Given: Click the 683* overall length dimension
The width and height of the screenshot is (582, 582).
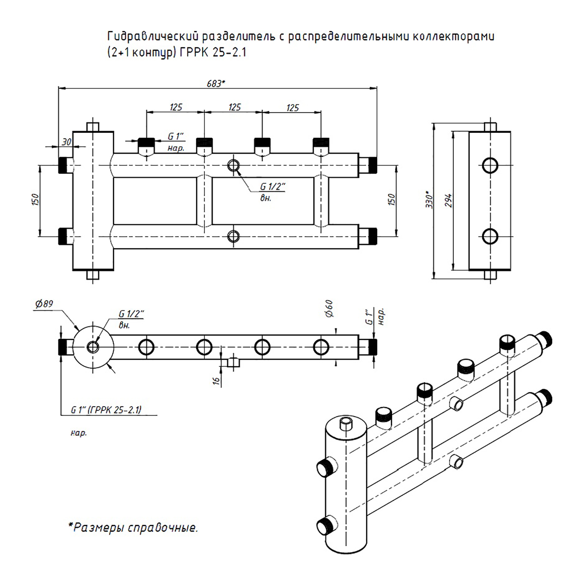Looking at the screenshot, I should click(216, 83).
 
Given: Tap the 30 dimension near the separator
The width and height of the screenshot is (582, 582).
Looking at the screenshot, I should click(66, 142).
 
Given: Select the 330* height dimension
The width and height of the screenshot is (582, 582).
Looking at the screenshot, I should click(430, 199).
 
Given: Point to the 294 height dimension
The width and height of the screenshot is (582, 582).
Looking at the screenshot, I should click(449, 200).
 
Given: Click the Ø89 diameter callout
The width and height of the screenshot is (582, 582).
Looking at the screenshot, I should click(44, 304).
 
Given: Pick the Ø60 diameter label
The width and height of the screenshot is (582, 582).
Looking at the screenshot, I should click(329, 309).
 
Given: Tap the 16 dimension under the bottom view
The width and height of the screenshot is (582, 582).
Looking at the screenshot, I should click(217, 380).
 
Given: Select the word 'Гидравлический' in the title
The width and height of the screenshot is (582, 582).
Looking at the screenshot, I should click(153, 37).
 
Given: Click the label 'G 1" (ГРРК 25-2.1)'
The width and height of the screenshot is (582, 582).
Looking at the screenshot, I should click(106, 410).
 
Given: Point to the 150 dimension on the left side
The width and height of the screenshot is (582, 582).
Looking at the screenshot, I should click(36, 200).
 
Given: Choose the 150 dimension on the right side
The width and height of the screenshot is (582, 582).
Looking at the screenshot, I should click(391, 199).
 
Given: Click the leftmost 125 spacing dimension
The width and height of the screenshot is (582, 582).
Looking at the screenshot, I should click(176, 107).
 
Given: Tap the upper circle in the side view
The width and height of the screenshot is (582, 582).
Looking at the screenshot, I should click(490, 166).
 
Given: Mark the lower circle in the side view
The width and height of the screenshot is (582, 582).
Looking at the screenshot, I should click(490, 236).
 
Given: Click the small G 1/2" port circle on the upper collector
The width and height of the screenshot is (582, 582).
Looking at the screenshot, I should click(233, 166).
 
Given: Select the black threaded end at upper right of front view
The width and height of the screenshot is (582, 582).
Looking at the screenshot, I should click(372, 165).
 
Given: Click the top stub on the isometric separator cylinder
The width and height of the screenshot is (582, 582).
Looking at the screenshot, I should click(345, 423).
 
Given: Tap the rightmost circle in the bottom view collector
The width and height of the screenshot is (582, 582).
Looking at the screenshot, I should click(321, 347).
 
